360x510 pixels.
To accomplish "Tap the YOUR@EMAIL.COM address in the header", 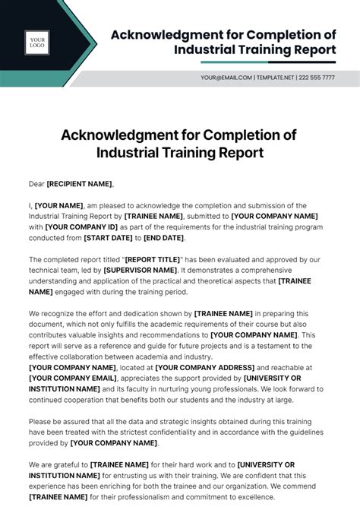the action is coord(226,78).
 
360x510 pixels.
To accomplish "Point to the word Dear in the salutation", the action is coord(36,183).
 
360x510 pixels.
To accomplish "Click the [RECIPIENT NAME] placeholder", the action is coord(80,183).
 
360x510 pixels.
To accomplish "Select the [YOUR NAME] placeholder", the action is coord(59,205).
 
